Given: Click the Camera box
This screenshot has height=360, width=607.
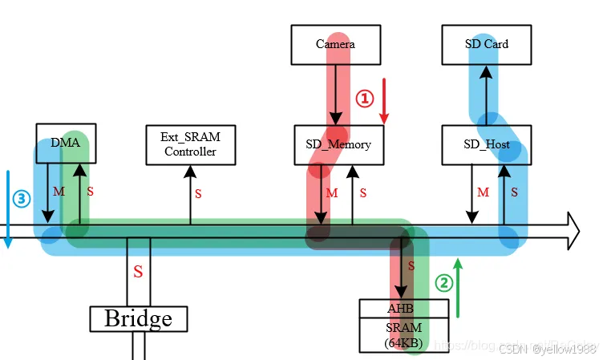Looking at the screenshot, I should [x=335, y=44].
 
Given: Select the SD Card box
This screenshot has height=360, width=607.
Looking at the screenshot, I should [x=486, y=44].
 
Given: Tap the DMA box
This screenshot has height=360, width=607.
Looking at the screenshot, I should [x=66, y=142].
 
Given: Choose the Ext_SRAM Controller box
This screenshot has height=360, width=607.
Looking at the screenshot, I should [x=190, y=144].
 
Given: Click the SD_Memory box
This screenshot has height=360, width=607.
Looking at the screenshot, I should [x=338, y=145].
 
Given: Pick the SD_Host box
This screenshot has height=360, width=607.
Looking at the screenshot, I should [x=486, y=145].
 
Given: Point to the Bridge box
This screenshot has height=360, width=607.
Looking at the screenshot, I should [x=138, y=318].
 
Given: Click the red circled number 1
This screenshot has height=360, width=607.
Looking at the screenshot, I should [x=365, y=98].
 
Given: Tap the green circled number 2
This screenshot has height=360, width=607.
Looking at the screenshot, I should [x=443, y=283].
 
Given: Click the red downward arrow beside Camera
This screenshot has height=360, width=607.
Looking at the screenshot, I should [x=384, y=101].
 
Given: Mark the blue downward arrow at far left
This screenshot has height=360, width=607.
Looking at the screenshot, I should [x=7, y=208].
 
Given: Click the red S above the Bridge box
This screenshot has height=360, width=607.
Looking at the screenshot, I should [x=138, y=273].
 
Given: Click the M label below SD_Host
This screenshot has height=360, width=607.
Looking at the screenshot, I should [x=483, y=192].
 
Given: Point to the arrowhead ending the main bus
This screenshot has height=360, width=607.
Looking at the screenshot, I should [x=571, y=230].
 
